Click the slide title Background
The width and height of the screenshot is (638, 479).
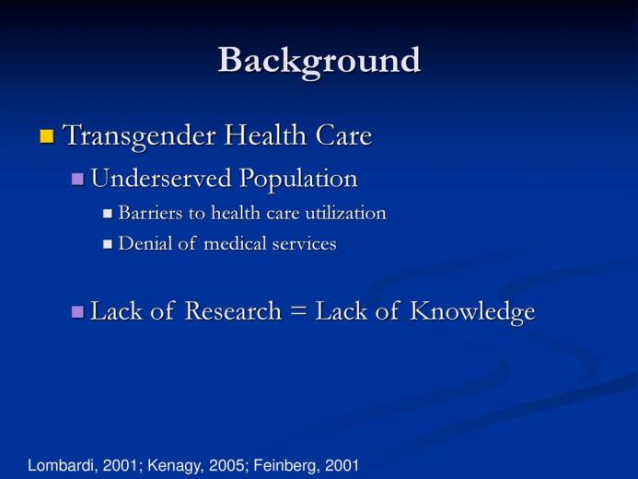[x=319, y=62]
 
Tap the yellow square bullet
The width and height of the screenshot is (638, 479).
[x=47, y=136]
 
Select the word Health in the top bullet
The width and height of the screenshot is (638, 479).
[x=265, y=134]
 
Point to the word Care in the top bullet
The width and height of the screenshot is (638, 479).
[x=343, y=135]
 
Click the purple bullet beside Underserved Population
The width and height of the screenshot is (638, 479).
[x=77, y=179]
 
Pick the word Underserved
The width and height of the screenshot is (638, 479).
[x=161, y=178]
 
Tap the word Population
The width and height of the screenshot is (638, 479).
[x=298, y=179]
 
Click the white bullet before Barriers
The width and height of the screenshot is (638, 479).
[x=108, y=214]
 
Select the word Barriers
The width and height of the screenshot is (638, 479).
[x=150, y=213]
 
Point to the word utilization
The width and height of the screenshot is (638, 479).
[x=345, y=213]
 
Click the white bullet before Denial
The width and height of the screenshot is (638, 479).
[x=108, y=244]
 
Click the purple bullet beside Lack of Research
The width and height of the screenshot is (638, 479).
[x=77, y=312]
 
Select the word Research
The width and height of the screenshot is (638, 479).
[x=233, y=311]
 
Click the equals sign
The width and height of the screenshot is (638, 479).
[x=298, y=311]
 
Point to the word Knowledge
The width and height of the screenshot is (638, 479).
[x=472, y=312]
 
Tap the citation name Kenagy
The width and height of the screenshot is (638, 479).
[x=175, y=466]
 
